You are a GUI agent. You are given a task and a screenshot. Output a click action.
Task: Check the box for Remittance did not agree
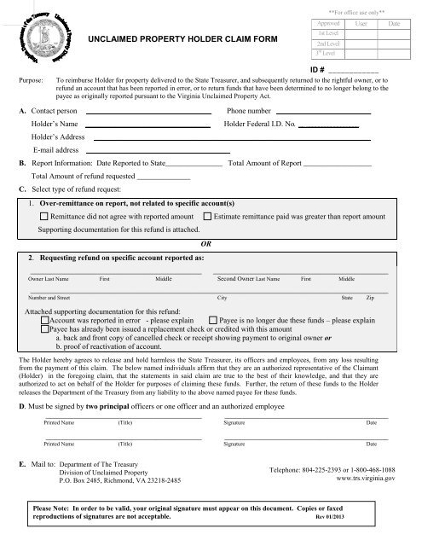[44, 218]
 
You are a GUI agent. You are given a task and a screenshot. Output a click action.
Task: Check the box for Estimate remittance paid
[208, 218]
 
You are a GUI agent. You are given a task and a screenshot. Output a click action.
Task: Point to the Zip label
[370, 299]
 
